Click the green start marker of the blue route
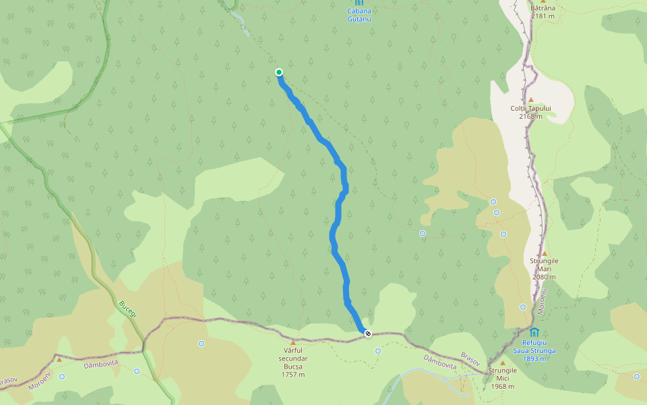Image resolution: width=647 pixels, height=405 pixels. [x=279, y=72]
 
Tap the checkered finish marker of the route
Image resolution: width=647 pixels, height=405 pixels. [x=368, y=333]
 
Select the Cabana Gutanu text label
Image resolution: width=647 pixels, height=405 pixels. [x=359, y=15]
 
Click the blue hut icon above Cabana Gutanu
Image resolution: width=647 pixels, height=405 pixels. [x=359, y=3]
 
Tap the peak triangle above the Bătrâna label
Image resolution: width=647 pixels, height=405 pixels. [x=543, y=1]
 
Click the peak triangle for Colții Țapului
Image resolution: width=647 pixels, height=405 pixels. [x=530, y=100]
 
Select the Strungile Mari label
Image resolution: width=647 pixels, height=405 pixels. [x=544, y=265]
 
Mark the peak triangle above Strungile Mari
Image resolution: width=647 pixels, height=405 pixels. [x=545, y=254]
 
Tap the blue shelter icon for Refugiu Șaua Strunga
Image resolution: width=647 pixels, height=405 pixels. [x=534, y=332]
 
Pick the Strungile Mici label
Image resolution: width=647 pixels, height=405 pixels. [x=502, y=378]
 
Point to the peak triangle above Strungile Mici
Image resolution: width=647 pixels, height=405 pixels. [x=502, y=363]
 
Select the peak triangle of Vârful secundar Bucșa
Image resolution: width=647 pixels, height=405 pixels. [x=292, y=342]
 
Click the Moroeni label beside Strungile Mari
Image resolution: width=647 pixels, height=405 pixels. [x=542, y=300]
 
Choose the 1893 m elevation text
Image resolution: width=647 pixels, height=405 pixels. [x=534, y=358]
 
